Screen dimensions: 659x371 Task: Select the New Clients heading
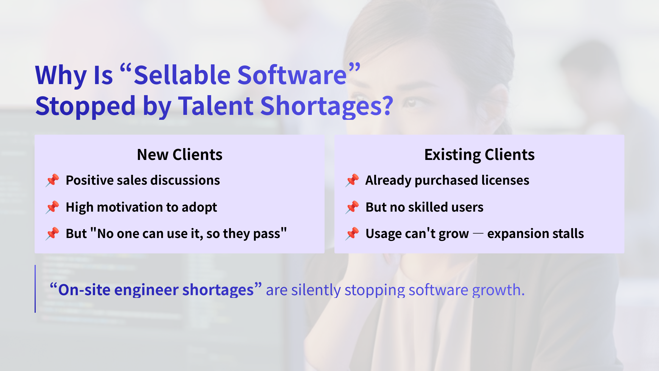coord(180,154)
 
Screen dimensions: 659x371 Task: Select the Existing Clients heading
coord(479,154)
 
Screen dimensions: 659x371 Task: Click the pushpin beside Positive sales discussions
coord(52,180)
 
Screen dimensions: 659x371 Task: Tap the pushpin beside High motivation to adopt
coord(52,207)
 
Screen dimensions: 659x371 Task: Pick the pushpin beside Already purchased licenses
coord(352,180)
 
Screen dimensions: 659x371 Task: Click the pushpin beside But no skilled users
coord(352,207)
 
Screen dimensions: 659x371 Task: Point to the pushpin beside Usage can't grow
coord(352,234)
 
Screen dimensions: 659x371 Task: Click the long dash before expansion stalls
coord(478,234)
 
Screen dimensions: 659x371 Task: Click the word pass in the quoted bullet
coord(267,234)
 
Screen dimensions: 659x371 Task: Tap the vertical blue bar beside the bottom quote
coord(35,289)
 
